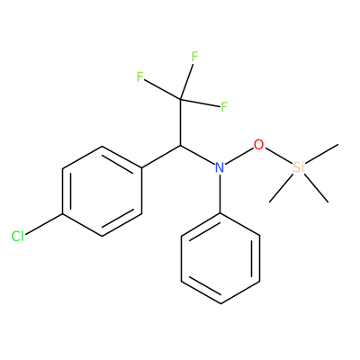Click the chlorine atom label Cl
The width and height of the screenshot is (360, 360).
(x=17, y=237)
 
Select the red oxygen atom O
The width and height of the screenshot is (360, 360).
(x=258, y=145)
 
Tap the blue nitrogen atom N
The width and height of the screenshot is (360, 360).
(x=220, y=167)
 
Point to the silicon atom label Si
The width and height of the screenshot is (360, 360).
(x=298, y=167)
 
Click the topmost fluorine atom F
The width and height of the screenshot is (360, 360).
(x=194, y=57)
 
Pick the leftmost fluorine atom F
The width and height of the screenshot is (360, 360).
(x=139, y=77)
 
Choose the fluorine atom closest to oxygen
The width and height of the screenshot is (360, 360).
(x=224, y=107)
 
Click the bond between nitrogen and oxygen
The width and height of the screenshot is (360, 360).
(x=239, y=157)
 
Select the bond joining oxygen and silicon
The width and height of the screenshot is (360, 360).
(x=278, y=156)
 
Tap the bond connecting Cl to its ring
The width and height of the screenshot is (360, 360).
(x=44, y=224)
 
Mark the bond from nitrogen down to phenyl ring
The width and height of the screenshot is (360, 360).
(x=220, y=193)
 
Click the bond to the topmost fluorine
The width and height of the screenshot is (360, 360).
(x=186, y=81)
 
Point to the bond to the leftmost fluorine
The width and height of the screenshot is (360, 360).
(x=163, y=89)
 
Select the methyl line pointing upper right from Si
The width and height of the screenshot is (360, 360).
(x=321, y=154)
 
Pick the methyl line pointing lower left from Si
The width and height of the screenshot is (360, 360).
(x=282, y=186)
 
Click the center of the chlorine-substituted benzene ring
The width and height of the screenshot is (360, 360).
(x=102, y=191)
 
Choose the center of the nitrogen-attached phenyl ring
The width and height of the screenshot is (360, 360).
(x=220, y=258)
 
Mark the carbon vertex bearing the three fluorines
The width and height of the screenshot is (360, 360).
(x=181, y=99)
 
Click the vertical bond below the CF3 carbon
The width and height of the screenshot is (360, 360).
(x=181, y=122)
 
